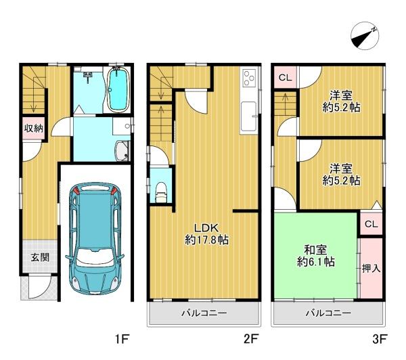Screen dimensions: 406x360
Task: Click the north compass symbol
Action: [x=365, y=36]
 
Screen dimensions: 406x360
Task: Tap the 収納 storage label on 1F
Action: [x=34, y=128]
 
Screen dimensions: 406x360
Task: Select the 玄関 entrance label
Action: [x=40, y=257]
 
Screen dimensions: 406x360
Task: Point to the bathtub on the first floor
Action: [x=118, y=89]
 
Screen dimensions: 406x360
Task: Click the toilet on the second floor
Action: [x=161, y=192]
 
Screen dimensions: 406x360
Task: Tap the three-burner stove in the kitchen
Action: [x=249, y=78]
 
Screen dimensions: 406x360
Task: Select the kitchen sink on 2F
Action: [x=249, y=116]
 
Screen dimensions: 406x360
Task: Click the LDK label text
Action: [x=206, y=228]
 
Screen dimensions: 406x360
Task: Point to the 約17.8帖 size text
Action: [x=206, y=240]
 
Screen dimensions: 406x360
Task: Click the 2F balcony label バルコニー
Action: [x=204, y=313]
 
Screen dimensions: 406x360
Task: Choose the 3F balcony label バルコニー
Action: [x=328, y=313]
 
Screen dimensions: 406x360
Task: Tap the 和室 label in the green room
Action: [x=315, y=250]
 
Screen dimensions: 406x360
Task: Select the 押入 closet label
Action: [x=371, y=269]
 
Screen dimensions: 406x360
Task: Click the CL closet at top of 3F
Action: [x=286, y=77]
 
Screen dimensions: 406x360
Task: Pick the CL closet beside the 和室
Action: [x=371, y=224]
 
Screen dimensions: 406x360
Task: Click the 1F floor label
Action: [x=122, y=339]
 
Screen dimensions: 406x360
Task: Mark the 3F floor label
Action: [x=380, y=339]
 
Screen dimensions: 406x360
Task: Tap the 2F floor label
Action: [x=251, y=339]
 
